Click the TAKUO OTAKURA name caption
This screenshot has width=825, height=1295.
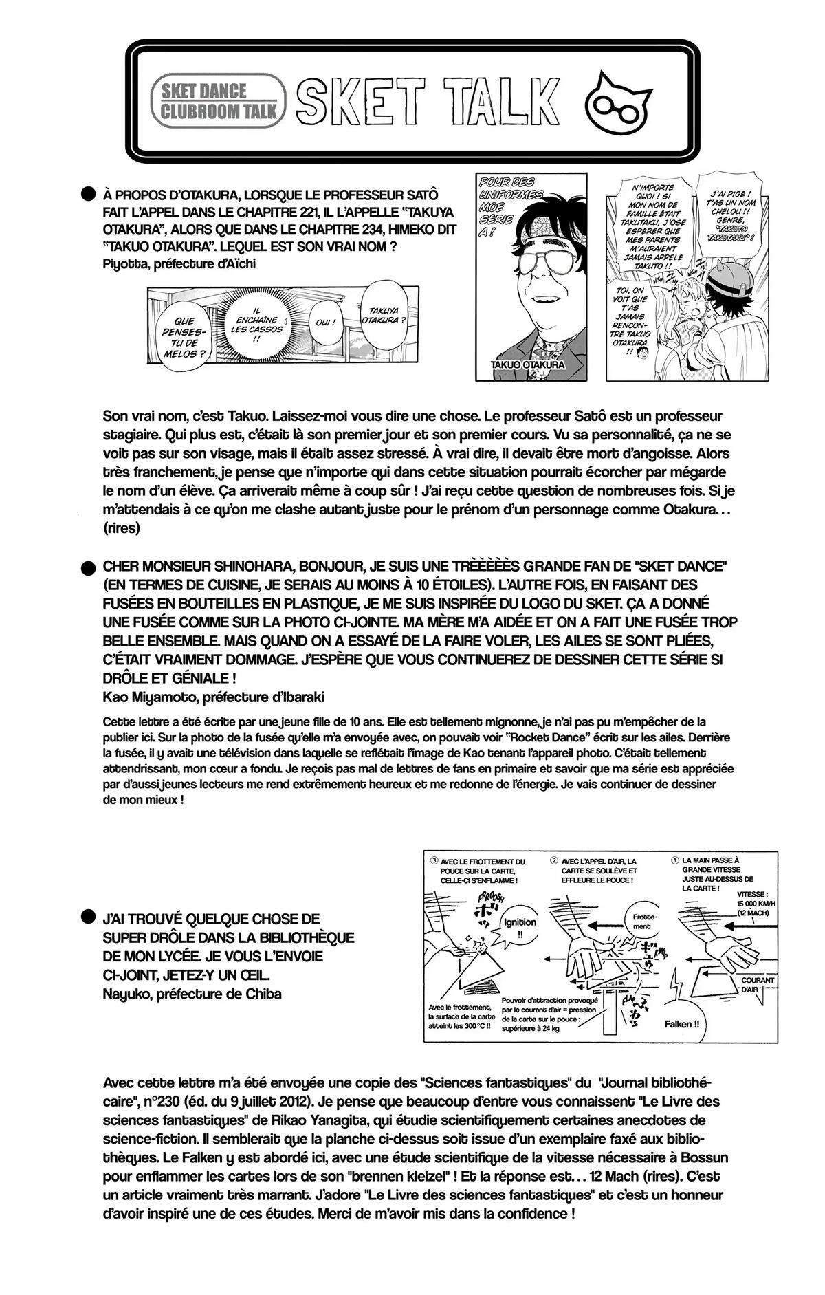click(x=529, y=365)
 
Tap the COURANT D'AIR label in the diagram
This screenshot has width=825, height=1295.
click(x=757, y=984)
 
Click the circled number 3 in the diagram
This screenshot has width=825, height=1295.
click(x=434, y=860)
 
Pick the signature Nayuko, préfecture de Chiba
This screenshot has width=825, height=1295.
click(x=192, y=993)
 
